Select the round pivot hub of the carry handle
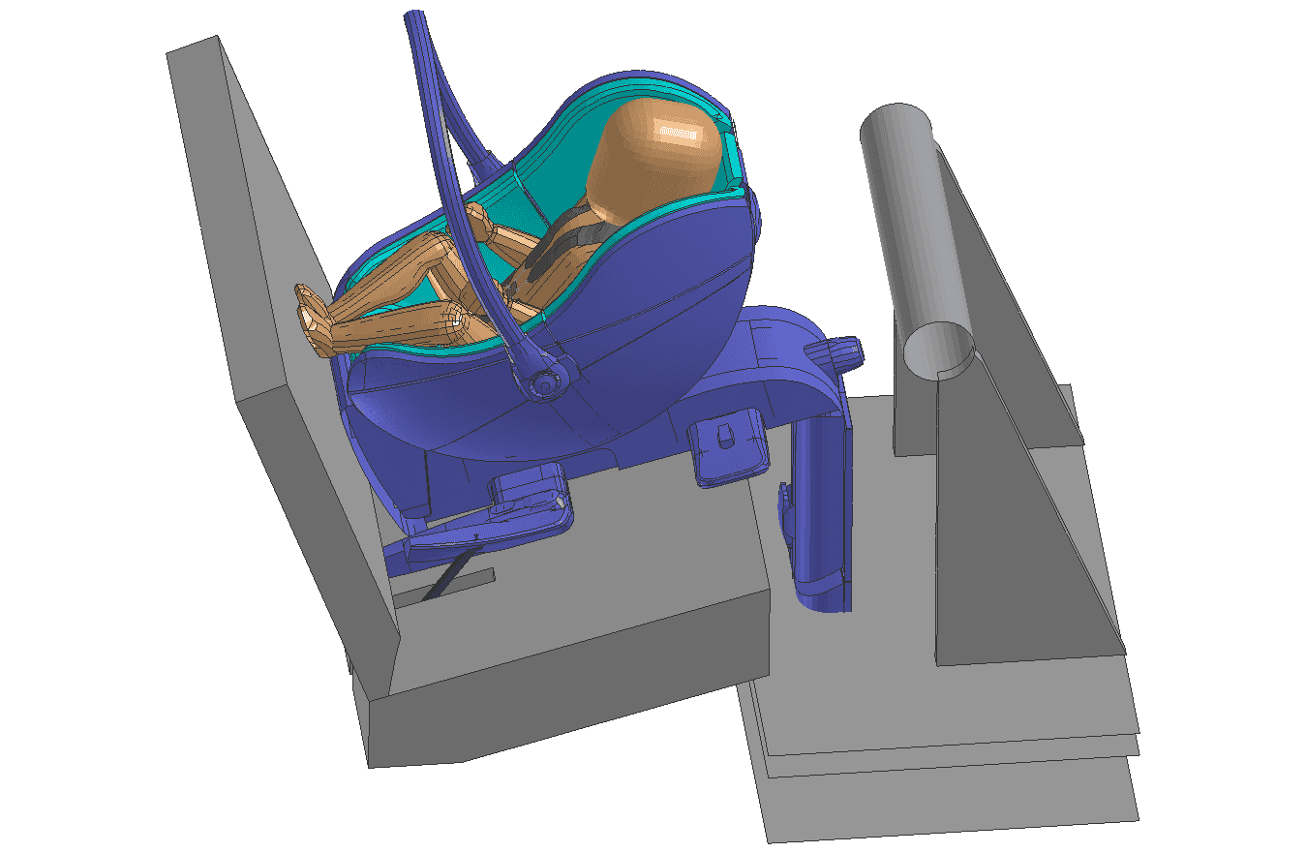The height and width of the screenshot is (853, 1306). tap(545, 384)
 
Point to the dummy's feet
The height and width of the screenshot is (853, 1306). tap(311, 315)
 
